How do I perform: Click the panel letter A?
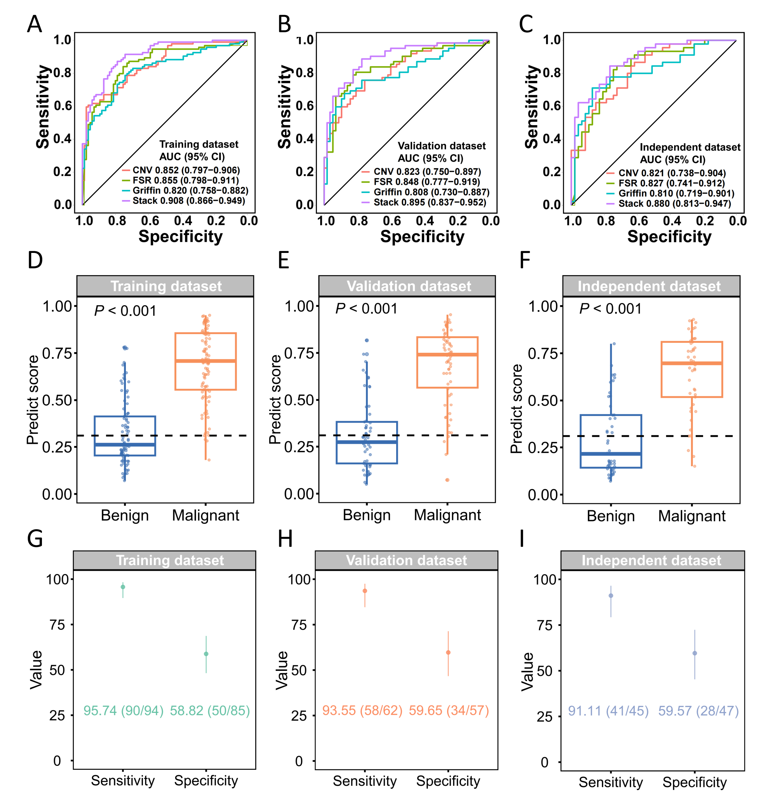[35, 24]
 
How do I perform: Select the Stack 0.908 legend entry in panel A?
[184, 201]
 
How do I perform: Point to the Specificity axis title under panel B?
[422, 237]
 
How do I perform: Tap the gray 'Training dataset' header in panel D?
[165, 286]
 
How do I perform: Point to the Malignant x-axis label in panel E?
[447, 515]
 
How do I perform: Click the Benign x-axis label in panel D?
[125, 515]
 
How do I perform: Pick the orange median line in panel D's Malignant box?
[206, 361]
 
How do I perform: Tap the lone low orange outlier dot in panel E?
[447, 480]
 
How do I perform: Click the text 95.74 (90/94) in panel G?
[124, 710]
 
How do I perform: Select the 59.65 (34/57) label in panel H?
[449, 710]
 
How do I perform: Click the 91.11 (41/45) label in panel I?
[608, 711]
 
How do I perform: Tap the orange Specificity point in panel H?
[448, 652]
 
